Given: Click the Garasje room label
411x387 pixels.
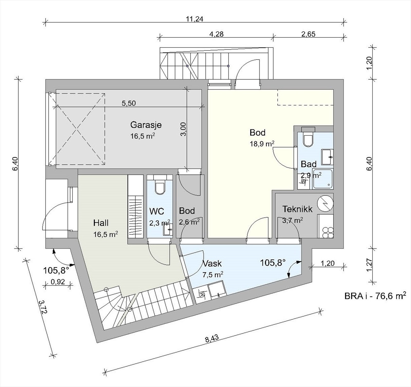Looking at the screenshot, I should pos(146,125).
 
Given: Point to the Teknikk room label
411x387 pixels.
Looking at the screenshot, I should pos(297,209).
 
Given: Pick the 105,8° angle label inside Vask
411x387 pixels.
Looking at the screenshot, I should pos(273,263).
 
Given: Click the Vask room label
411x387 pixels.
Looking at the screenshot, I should pos(212,264).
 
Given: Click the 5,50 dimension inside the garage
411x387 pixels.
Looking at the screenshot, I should pos(128,103).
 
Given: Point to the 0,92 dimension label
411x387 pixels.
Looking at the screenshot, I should pos(58,282).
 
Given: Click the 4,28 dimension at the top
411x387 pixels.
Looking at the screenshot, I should pos(216,34).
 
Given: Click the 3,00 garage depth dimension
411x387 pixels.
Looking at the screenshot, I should pos(183,129).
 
